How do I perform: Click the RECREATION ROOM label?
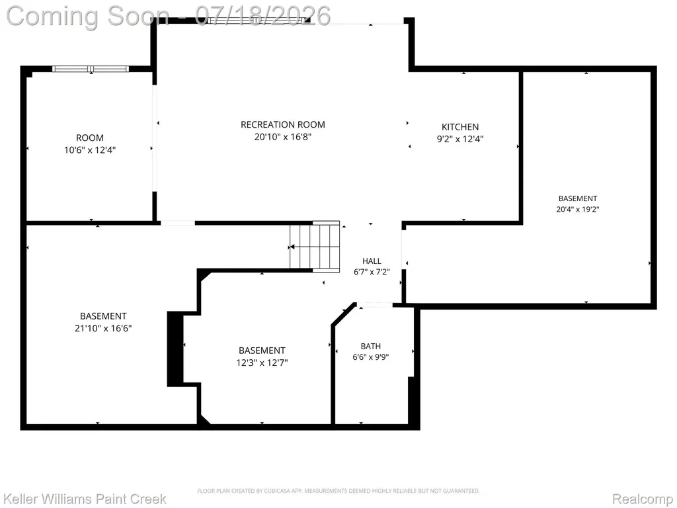point(283,125)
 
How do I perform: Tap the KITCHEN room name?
point(460,127)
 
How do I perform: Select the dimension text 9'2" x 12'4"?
point(460,139)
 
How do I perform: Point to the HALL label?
point(372,261)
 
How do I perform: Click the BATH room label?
point(371,346)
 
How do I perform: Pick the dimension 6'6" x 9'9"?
point(371,357)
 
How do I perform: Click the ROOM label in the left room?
point(90,138)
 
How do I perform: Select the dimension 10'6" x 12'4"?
point(90,150)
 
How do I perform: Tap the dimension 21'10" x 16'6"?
point(103,328)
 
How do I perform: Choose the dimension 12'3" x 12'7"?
point(262,362)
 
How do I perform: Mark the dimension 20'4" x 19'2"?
point(578,209)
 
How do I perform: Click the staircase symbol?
point(314,247)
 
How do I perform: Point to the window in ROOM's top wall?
point(91,69)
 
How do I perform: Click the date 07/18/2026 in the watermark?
point(262,16)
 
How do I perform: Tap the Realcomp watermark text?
point(643,499)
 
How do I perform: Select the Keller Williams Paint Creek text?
point(85,499)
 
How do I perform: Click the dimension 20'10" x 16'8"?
point(283,137)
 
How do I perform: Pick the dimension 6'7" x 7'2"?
point(372,272)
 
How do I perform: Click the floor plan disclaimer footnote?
point(338,491)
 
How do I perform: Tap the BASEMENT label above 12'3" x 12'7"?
point(262,351)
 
